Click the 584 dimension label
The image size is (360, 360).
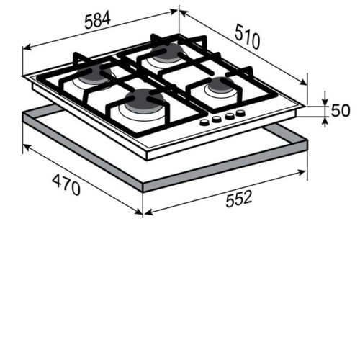(97, 20)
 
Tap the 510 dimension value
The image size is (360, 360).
(247, 36)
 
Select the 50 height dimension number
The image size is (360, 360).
(341, 111)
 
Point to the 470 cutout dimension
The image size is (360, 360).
(66, 185)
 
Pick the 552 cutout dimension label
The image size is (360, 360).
(239, 199)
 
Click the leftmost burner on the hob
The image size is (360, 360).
(95, 74)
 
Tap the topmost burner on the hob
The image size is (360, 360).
(167, 53)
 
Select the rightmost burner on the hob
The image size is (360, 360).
(221, 85)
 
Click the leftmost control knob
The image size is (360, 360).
(204, 122)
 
